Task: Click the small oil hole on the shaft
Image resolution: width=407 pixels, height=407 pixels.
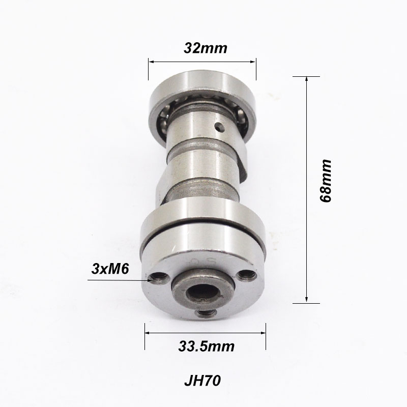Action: pos(219,126)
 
